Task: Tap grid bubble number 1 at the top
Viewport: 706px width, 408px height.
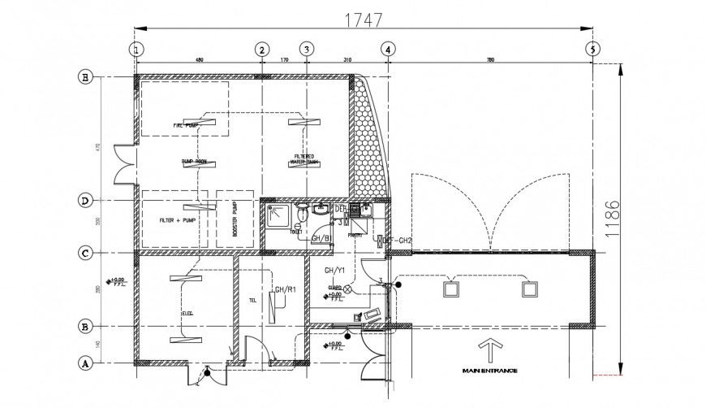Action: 137,50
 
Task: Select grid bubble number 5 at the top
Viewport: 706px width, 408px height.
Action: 592,50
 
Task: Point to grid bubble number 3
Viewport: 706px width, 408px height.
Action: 306,50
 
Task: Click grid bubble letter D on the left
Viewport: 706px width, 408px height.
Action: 84,200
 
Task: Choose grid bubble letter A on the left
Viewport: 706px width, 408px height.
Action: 84,363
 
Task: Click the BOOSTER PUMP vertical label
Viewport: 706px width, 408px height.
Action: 236,219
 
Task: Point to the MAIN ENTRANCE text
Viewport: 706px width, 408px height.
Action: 489,371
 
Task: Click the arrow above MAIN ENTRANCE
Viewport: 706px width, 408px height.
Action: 489,350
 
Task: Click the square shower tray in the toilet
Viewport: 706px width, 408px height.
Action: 278,215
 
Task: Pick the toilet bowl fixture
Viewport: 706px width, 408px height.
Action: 300,212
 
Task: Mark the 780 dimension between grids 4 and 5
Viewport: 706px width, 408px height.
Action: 490,59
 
